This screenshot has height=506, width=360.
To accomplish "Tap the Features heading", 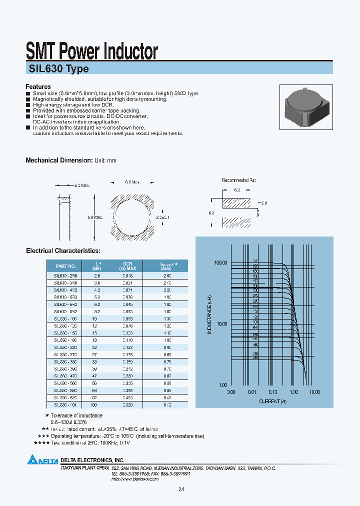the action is point(38,86).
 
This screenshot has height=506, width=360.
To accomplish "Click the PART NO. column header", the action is point(65,266).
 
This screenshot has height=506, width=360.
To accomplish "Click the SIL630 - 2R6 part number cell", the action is point(65,275).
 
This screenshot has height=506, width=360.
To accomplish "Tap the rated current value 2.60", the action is point(166,275).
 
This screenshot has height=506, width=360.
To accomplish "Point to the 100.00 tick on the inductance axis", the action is point(220,263).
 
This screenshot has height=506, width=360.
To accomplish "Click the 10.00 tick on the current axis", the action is point(314,392).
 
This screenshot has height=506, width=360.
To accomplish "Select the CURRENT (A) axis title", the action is point(272,401).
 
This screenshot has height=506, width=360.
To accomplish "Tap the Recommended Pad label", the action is point(239,180).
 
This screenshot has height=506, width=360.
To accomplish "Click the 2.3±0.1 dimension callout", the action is point(163,217).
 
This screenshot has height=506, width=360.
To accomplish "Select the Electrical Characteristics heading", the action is point(63,250).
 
